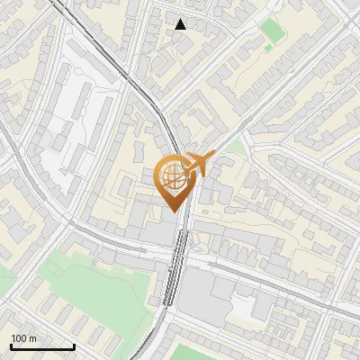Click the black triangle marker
181,23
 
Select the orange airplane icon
198,164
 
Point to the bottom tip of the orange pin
174,211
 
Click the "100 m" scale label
24,337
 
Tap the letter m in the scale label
33,337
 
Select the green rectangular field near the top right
271,31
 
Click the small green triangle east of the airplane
236,146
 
